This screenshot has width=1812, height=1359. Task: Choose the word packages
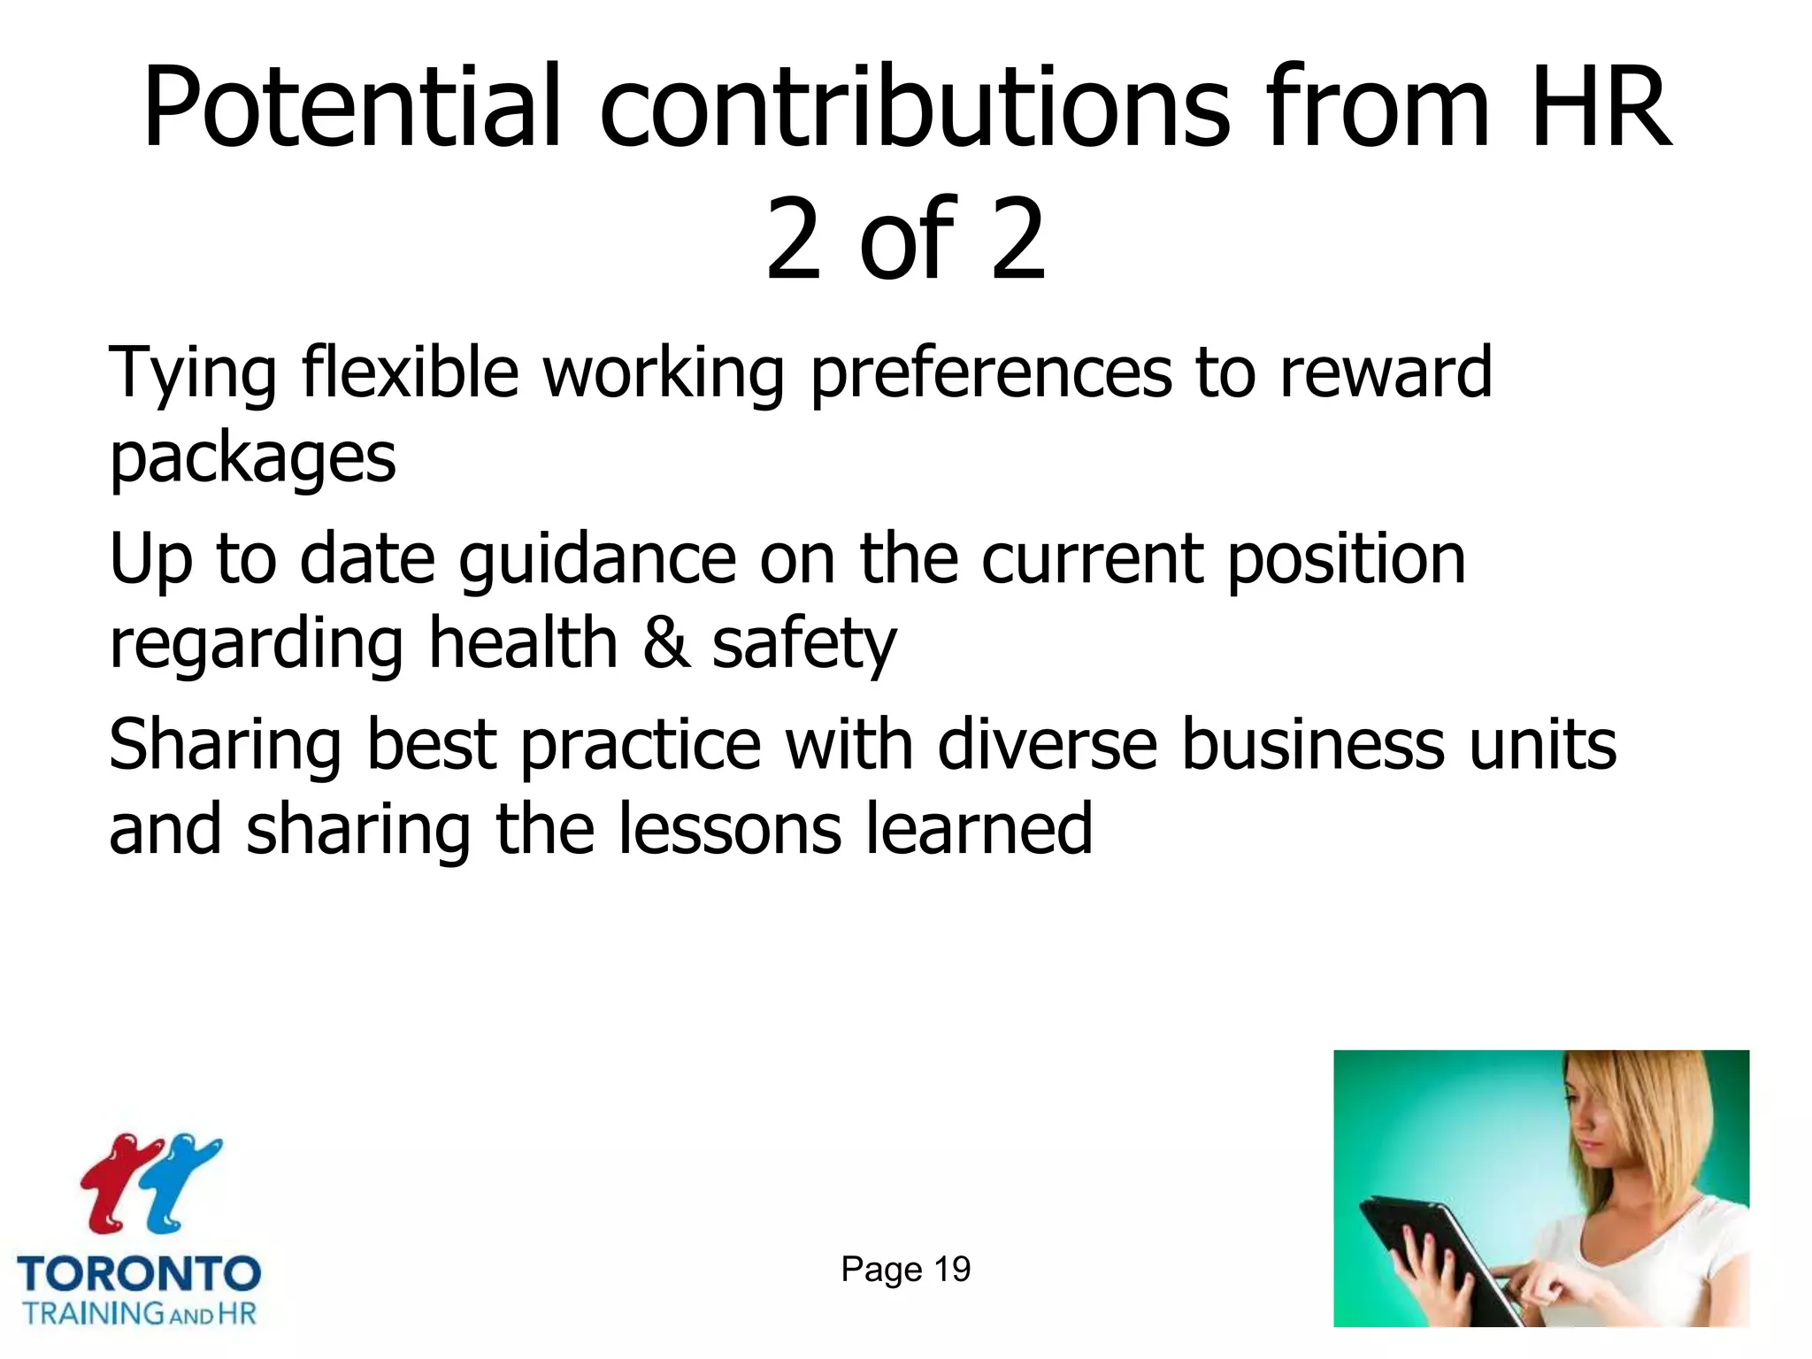pos(252,460)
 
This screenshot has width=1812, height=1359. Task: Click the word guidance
pos(598,561)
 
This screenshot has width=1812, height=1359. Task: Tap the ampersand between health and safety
pos(665,643)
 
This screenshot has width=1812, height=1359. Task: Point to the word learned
pos(979,829)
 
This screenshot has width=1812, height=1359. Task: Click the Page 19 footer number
pos(905,1269)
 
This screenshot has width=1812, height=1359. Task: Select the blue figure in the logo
pos(182,1181)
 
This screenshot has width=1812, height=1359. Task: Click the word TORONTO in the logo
pos(139,1274)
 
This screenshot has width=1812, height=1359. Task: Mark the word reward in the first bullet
pos(1386,373)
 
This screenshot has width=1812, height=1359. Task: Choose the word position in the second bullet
pos(1346,561)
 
